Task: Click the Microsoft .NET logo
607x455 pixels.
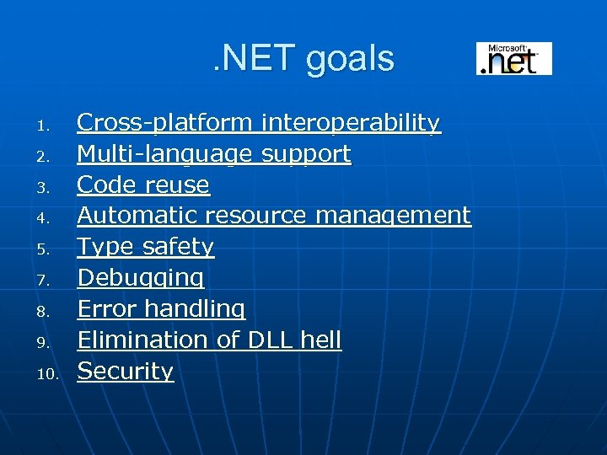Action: pos(513,58)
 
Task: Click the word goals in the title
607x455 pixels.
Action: pos(351,59)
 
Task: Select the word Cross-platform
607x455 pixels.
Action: pos(164,123)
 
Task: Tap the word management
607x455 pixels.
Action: pos(393,216)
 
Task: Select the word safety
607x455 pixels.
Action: pos(178,247)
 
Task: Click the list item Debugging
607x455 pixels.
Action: pos(141,278)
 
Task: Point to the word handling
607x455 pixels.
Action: pos(195,309)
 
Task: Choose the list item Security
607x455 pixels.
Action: pos(126,372)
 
